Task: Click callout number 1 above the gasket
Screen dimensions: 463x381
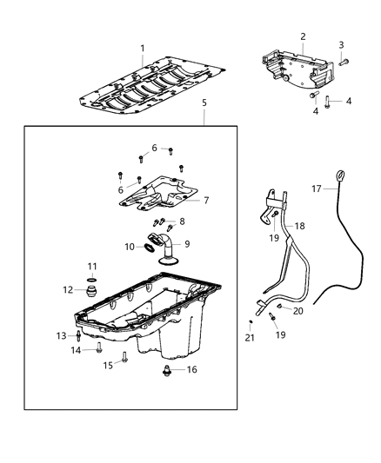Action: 144,48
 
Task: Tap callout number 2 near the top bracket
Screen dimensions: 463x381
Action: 303,36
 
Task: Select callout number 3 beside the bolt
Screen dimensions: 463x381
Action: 341,44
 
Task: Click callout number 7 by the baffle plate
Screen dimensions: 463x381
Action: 206,201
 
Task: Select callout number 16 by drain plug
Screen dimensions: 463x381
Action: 191,369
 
